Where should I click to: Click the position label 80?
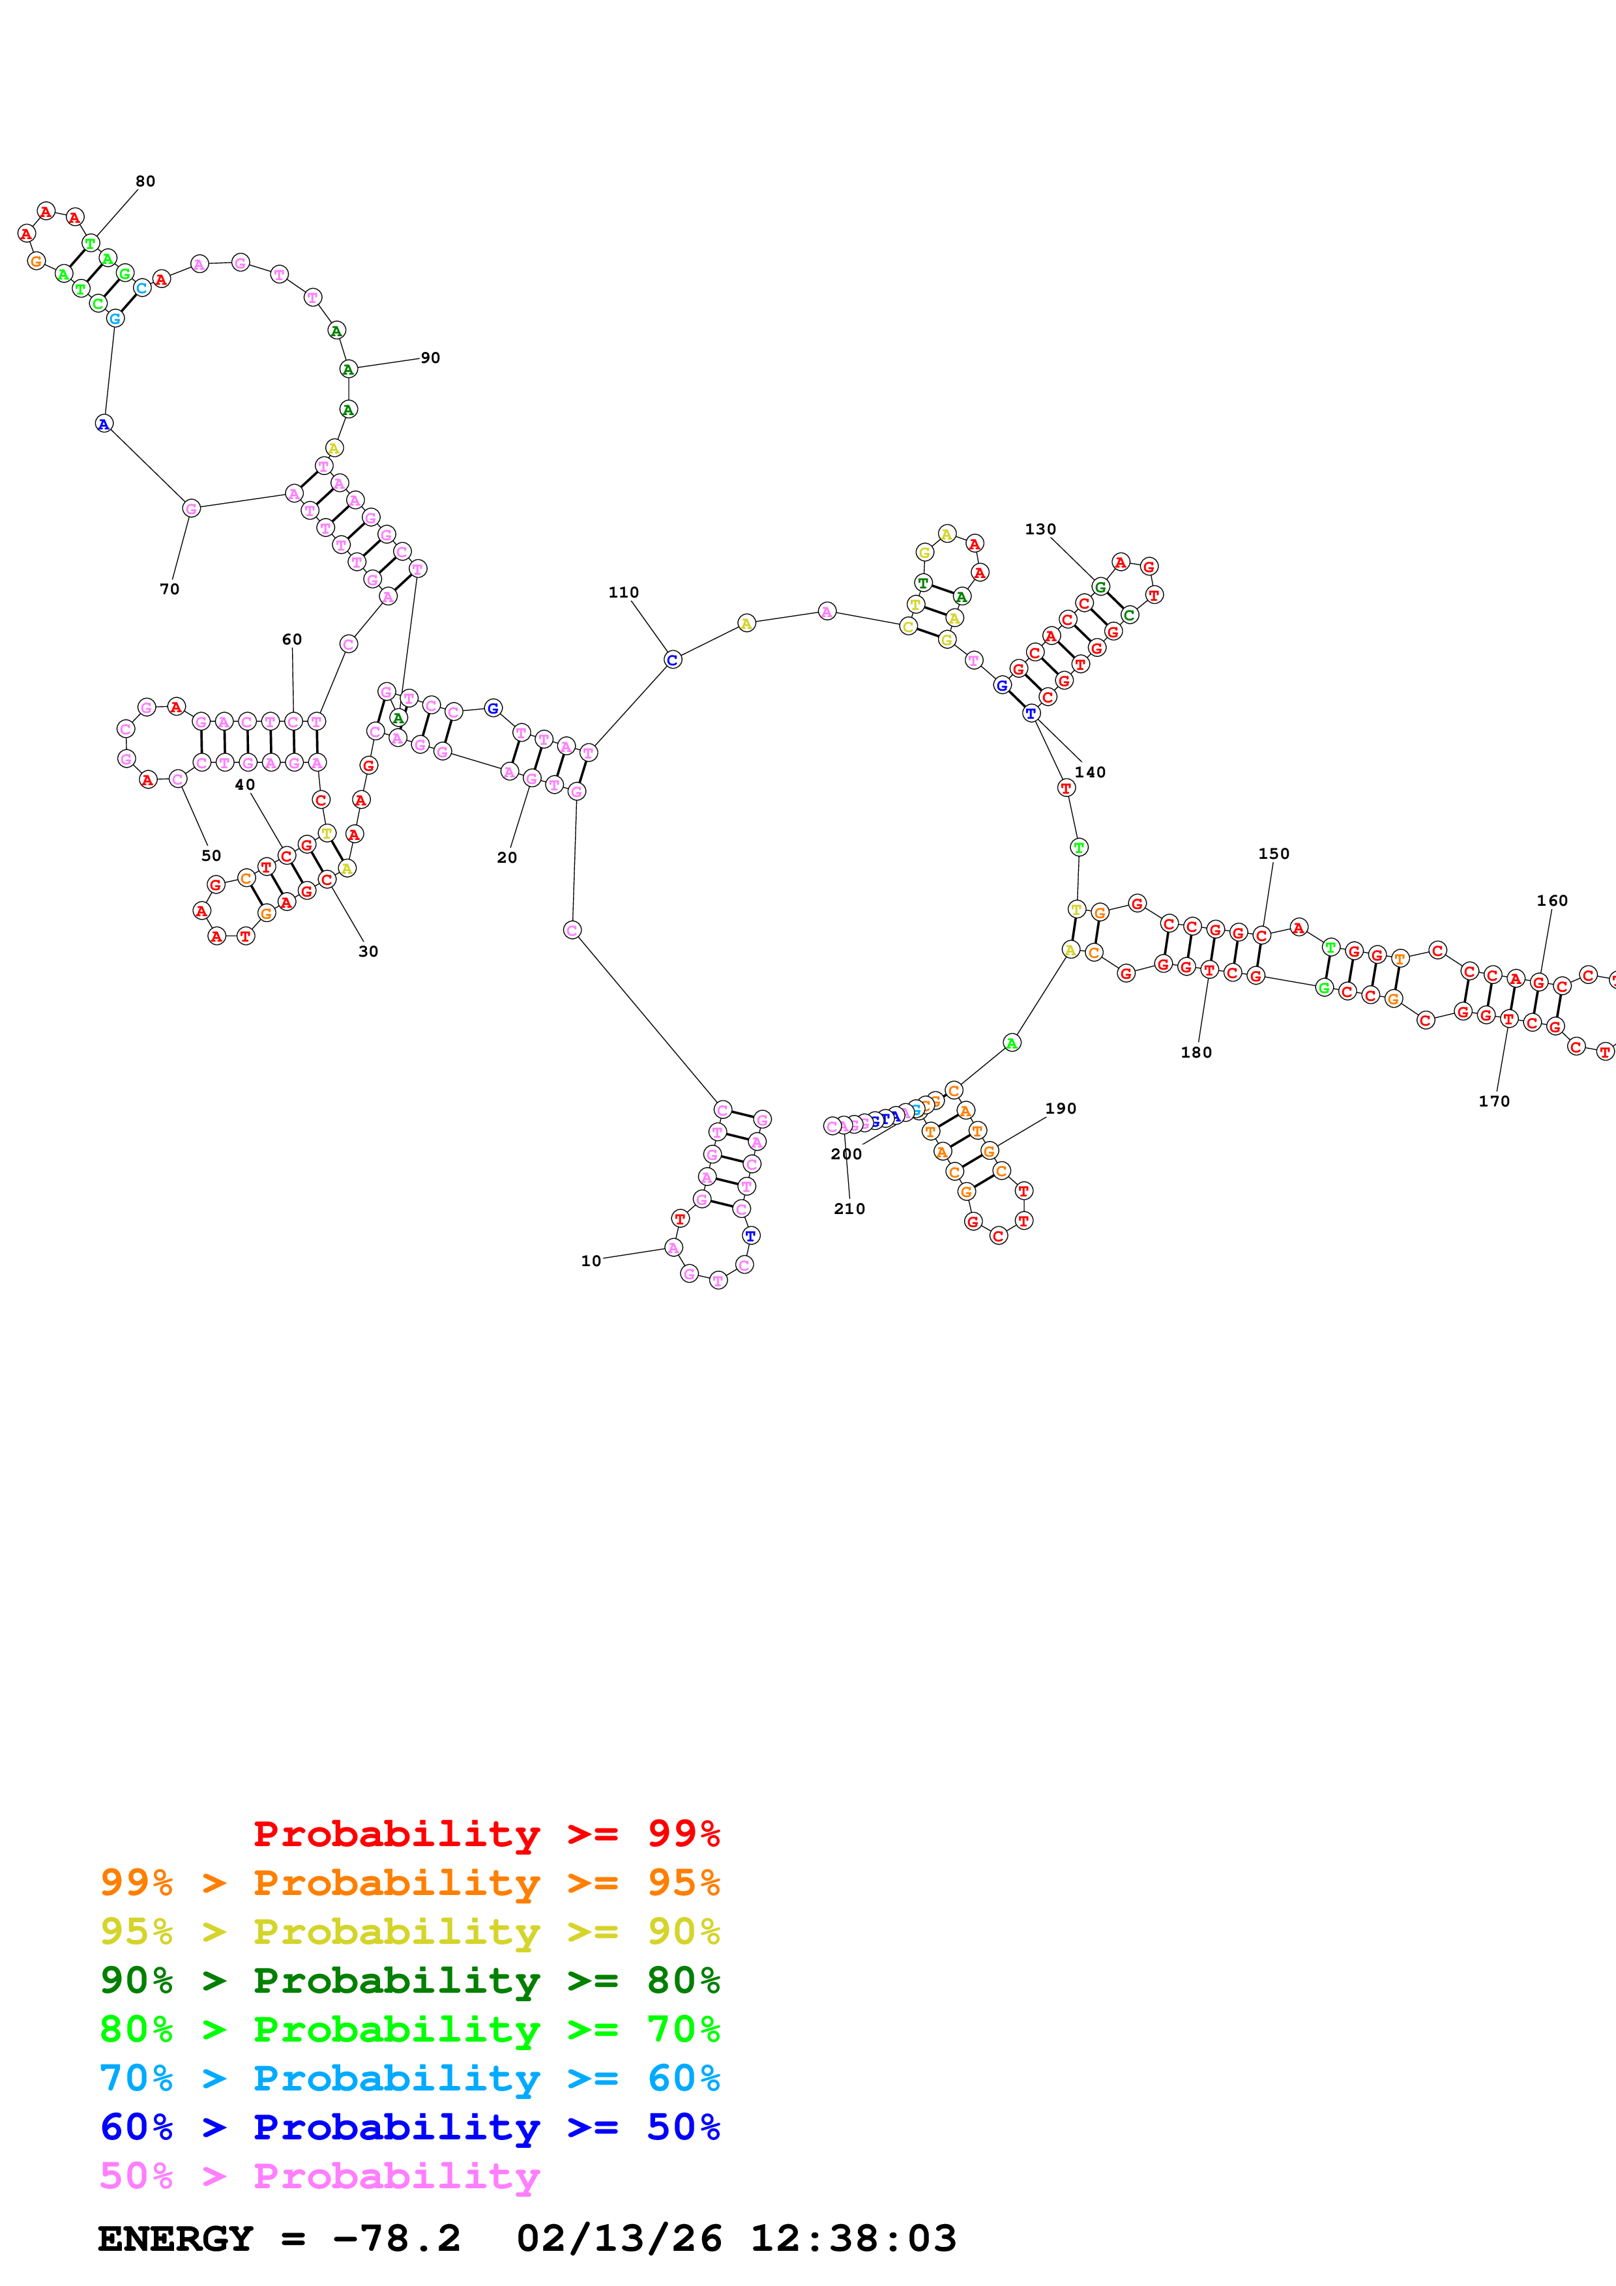pyautogui.click(x=145, y=181)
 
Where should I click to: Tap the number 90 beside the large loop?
pyautogui.click(x=430, y=358)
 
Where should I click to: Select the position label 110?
pyautogui.click(x=623, y=592)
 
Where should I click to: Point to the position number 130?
pyautogui.click(x=1040, y=530)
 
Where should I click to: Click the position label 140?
pyautogui.click(x=1091, y=773)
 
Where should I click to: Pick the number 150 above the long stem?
pyautogui.click(x=1274, y=854)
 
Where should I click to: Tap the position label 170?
pyautogui.click(x=1493, y=1101)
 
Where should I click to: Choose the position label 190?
pyautogui.click(x=1061, y=1109)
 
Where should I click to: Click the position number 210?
pyautogui.click(x=849, y=1209)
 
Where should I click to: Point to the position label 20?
pyautogui.click(x=507, y=858)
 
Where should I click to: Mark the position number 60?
pyautogui.click(x=292, y=639)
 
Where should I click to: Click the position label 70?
pyautogui.click(x=170, y=590)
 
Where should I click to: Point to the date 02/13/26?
pyautogui.click(x=619, y=2239)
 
